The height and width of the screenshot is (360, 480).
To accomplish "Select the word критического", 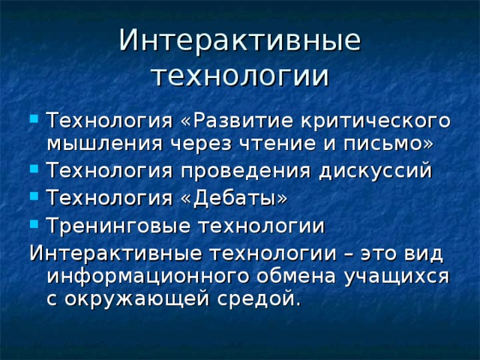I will tap(376, 121).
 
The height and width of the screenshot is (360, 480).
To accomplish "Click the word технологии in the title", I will tap(240, 76).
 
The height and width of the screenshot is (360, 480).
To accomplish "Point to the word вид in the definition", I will tap(426, 251).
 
